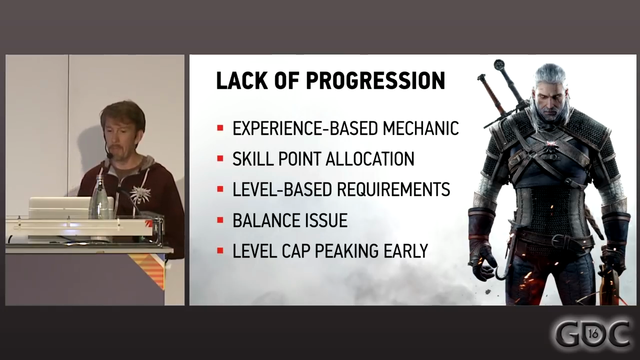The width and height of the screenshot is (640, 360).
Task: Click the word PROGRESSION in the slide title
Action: click(375, 80)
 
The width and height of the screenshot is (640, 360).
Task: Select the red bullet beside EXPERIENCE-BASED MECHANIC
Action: click(220, 128)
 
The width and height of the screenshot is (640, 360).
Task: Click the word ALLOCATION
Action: click(370, 159)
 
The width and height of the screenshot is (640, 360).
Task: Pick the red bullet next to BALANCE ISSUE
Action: click(220, 220)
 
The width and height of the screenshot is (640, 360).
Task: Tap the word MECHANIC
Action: click(420, 128)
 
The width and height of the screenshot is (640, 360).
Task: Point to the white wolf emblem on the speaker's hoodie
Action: click(140, 194)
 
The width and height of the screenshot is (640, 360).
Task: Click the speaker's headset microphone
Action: click(108, 155)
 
